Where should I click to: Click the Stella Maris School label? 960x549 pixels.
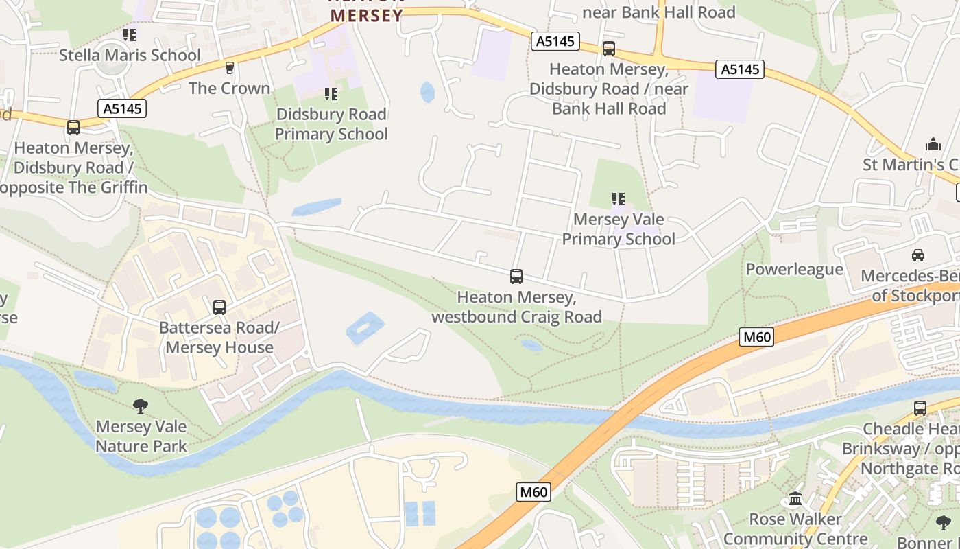pos(130,55)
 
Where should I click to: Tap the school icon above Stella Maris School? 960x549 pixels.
pos(130,34)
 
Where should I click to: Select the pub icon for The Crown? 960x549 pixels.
pos(230,67)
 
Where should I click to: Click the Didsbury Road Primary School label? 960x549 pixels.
pos(331,124)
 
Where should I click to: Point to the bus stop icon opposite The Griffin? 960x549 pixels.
pos(73,127)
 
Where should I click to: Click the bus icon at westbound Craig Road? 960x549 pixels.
pos(516,277)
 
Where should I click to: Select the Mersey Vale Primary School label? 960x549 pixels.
pos(619,229)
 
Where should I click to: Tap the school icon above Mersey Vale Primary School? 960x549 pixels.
pos(619,199)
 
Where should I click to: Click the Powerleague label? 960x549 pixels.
pos(794,269)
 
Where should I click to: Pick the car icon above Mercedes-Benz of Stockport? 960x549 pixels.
pos(918,255)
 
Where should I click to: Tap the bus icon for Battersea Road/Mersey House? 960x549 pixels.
pos(219,307)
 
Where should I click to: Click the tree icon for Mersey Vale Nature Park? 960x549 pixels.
pos(141,406)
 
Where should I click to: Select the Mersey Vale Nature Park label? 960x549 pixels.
pos(141,436)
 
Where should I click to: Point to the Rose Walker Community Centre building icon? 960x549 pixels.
pos(795,498)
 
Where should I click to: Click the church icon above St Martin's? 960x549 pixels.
pos(933,145)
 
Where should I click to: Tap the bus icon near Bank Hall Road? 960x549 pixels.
pos(608,49)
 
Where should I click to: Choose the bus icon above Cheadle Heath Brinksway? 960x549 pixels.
pos(920,408)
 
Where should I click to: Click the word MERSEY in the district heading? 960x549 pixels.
pos(366,16)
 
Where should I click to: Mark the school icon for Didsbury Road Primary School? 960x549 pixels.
pos(331,94)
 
